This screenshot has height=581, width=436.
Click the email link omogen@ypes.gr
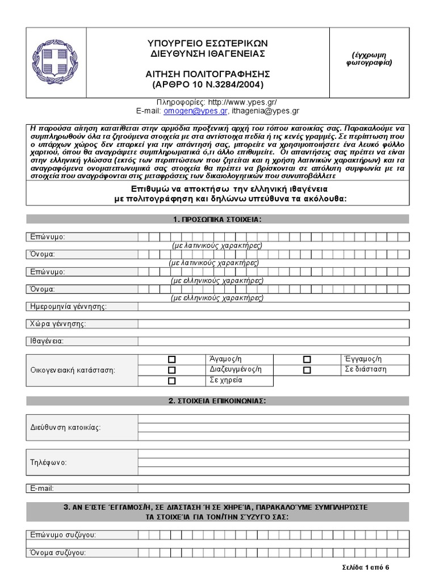pos(195,112)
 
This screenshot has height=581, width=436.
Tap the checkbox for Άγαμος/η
pos(172,359)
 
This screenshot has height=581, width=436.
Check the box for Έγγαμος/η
pos(307,359)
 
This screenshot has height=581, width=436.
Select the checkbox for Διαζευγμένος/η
pos(172,370)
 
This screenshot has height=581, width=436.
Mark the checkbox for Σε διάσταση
pos(307,370)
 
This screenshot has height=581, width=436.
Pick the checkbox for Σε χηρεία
pos(172,381)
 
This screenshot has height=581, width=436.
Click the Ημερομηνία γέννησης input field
pos(272,307)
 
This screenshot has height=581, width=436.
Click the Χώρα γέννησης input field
pos(272,324)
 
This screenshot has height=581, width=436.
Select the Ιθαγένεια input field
pos(272,341)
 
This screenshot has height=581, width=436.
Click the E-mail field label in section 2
pos(41,488)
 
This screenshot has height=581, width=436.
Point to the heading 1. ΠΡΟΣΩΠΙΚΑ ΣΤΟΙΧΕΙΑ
pos(217,219)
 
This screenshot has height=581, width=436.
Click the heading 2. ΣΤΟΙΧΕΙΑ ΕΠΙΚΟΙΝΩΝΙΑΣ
pos(217,401)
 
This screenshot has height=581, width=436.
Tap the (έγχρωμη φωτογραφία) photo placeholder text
pos(372,59)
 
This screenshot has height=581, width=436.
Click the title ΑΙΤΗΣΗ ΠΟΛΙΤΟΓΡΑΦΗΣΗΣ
pos(207,74)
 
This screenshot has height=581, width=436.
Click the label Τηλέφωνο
pos(48,462)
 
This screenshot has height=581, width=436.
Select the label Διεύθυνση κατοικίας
pos(65,427)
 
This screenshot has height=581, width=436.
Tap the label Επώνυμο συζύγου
pos(63,534)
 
